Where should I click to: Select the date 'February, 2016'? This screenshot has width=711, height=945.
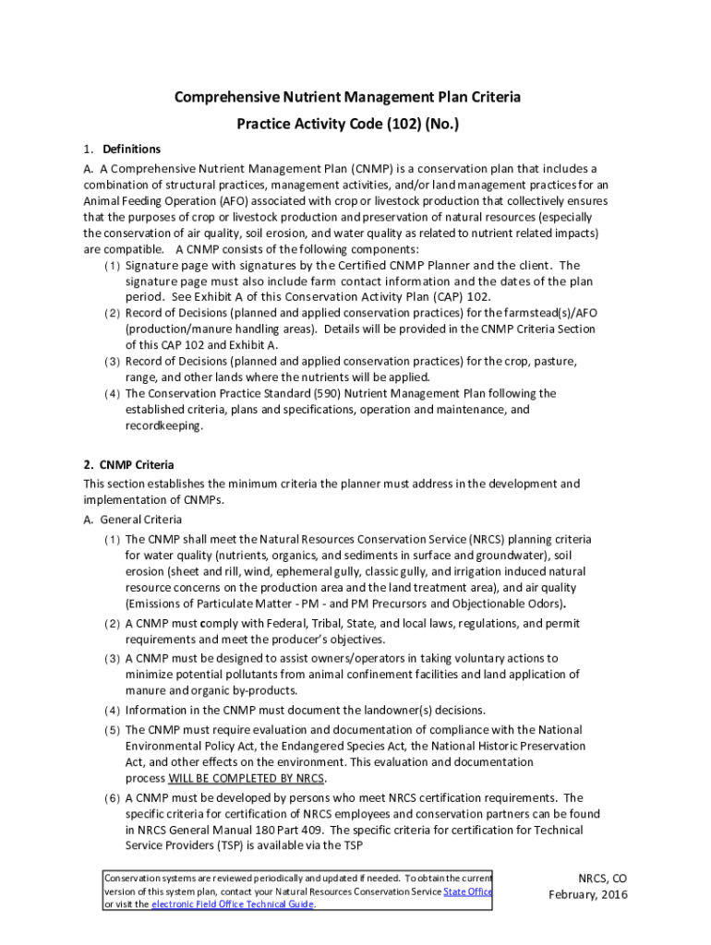tap(588, 895)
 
